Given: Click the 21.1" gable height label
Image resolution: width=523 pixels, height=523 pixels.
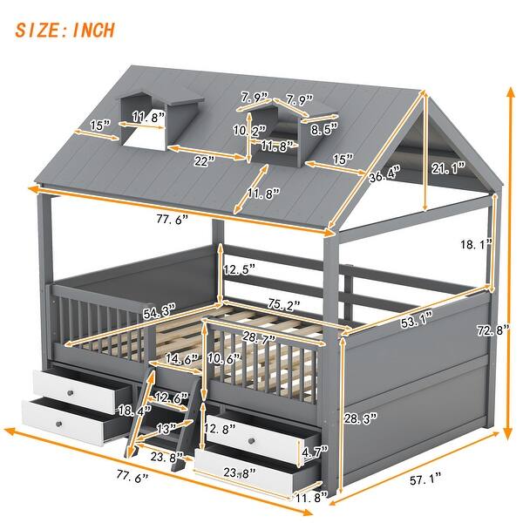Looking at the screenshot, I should (449, 166).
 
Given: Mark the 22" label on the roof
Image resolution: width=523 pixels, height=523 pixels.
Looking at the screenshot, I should (204, 162).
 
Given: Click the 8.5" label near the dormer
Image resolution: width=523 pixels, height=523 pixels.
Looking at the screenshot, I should (325, 131).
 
